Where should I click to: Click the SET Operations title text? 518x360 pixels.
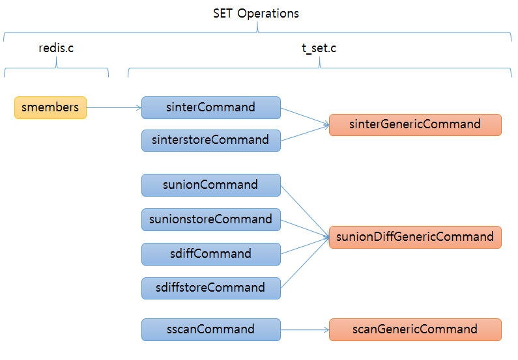tap(256, 13)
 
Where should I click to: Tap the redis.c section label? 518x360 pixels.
tap(56, 48)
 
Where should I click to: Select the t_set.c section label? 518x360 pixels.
tap(320, 48)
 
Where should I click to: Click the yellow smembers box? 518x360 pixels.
tap(50, 107)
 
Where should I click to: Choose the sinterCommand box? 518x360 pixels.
tap(210, 107)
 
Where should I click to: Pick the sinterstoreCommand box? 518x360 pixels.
tap(210, 140)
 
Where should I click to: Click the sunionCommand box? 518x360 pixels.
tap(210, 185)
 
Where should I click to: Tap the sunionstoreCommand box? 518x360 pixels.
tap(210, 219)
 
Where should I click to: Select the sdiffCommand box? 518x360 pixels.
tap(210, 254)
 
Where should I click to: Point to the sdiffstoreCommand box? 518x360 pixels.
tap(210, 288)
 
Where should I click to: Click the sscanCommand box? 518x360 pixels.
tap(210, 329)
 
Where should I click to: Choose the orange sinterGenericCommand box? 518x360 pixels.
tap(415, 124)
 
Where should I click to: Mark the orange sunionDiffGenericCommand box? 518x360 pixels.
tap(415, 237)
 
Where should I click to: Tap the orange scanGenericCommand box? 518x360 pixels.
tap(415, 329)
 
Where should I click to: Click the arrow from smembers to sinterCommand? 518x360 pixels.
tap(114, 108)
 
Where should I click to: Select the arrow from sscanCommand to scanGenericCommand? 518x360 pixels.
tap(305, 329)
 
